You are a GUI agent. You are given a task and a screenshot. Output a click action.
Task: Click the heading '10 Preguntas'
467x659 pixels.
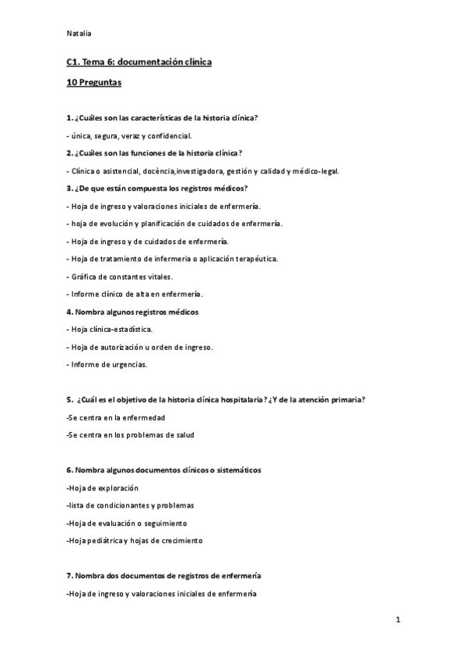pyautogui.click(x=93, y=82)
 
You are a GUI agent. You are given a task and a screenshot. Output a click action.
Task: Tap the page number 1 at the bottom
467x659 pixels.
pyautogui.click(x=398, y=619)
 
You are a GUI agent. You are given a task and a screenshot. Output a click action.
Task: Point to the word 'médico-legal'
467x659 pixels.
pyautogui.click(x=317, y=171)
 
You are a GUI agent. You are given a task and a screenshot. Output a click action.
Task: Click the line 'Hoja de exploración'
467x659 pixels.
pyautogui.click(x=103, y=487)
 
